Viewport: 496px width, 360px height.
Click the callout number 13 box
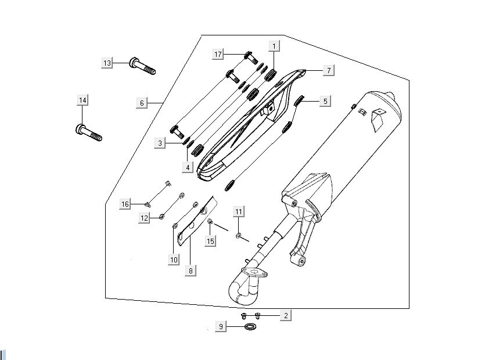coord(107,63)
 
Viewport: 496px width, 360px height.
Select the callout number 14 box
coord(82,100)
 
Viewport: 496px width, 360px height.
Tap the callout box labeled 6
coord(141,103)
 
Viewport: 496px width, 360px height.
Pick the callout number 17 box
coord(218,55)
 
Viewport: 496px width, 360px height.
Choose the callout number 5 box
coord(325,101)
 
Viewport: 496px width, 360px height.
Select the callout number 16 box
coord(125,204)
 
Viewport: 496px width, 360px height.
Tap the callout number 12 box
coord(145,217)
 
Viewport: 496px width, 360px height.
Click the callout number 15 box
coord(211,240)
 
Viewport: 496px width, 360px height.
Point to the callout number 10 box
coord(174,260)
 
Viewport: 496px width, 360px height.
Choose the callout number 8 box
coord(191,270)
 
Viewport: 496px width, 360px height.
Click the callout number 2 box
coord(285,315)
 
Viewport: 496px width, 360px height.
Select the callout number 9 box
coord(220,327)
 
